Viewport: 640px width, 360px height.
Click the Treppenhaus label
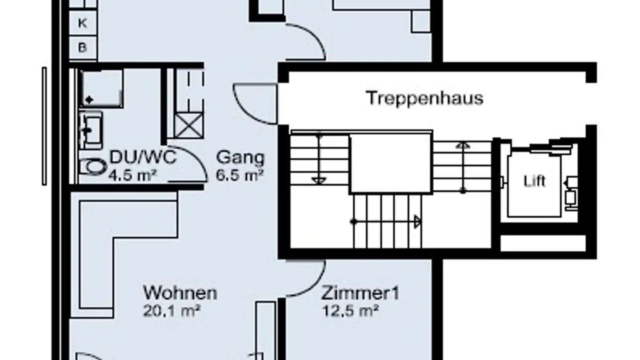pos(424,98)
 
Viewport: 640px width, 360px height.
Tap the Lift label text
pos(534,181)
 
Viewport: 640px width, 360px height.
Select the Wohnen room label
pos(180,293)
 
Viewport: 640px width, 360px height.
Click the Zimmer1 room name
pos(360,294)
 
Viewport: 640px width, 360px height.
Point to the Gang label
pos(240,158)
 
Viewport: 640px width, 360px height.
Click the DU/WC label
pos(143,157)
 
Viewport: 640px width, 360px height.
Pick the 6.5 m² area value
pos(240,175)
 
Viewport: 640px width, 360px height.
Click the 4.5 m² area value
pos(132,175)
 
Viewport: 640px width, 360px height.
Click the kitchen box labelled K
pos(83,24)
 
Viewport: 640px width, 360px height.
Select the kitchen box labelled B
pos(83,48)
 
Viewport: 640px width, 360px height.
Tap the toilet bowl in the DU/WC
pos(92,168)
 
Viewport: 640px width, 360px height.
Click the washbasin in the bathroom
pos(91,130)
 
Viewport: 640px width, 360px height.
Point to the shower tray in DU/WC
pos(102,88)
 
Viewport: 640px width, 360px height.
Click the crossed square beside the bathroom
pos(188,126)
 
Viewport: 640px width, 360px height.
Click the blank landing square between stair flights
pos(391,163)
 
